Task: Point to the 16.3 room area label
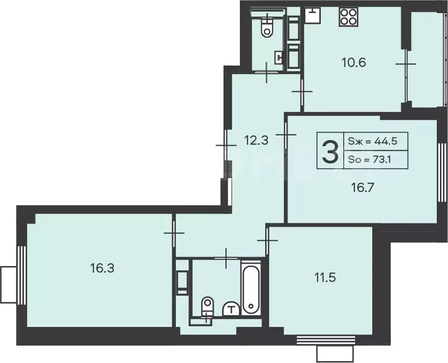[102, 268]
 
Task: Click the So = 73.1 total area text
[371, 160]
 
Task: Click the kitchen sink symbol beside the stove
[312, 15]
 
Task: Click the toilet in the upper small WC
[268, 27]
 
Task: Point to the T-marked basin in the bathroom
[231, 309]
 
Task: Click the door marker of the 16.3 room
[174, 233]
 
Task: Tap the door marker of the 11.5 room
[267, 240]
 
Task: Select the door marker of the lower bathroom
[227, 258]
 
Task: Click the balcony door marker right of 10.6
[406, 64]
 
